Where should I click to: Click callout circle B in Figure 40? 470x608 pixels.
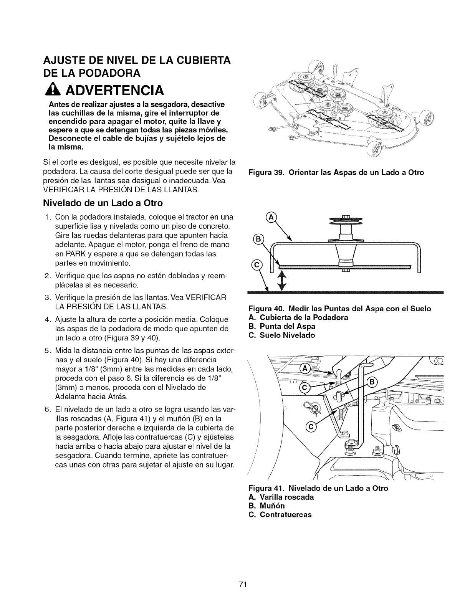tap(258, 240)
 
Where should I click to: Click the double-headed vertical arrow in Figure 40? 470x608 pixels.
tap(283, 281)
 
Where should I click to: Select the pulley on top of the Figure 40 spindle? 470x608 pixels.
tap(347, 221)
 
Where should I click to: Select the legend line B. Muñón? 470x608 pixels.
tap(267, 506)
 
